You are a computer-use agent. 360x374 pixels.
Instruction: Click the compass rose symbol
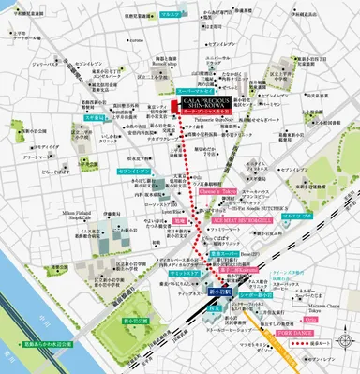(341, 340)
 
